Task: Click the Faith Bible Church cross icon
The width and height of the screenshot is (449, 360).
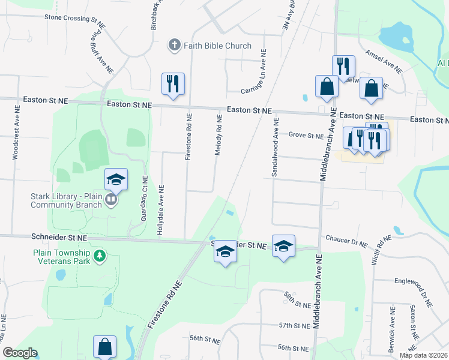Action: (174, 44)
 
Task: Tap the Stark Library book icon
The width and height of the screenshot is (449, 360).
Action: (110, 199)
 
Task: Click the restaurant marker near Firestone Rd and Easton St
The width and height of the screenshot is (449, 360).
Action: (173, 83)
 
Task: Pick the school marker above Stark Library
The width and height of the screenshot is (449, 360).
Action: (116, 179)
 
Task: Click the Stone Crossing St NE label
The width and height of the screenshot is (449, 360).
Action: (71, 18)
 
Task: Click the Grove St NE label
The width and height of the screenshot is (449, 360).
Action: (306, 135)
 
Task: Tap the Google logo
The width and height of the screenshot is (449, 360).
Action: (20, 353)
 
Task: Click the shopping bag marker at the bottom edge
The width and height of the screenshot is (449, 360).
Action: (104, 347)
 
